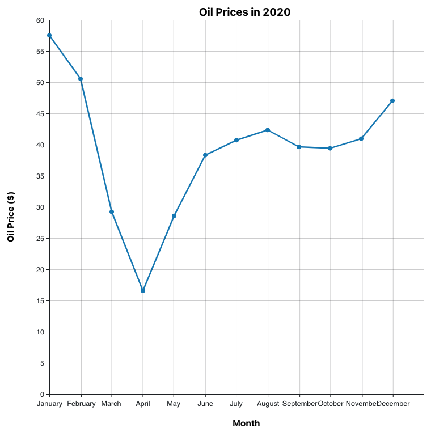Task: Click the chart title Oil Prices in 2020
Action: coord(244,12)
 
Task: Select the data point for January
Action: coord(49,35)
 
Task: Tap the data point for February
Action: coord(81,79)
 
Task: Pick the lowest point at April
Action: coord(143,291)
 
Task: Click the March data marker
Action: coord(112,212)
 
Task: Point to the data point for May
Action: coord(174,216)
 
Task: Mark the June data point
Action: coord(205,155)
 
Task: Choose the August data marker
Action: coord(268,130)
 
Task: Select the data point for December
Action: coord(392,101)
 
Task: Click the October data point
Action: coord(330,149)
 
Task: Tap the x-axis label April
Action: coord(143,404)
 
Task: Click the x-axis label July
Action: coord(236,404)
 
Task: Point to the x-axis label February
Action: coord(81,404)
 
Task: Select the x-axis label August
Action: coord(268,404)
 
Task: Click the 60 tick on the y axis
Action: coord(40,20)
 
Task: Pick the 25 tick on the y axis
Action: coord(40,239)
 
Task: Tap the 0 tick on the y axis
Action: coord(42,395)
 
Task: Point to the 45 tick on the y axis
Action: coord(40,114)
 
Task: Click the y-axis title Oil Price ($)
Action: coord(11,217)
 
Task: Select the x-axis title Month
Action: coord(246,423)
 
